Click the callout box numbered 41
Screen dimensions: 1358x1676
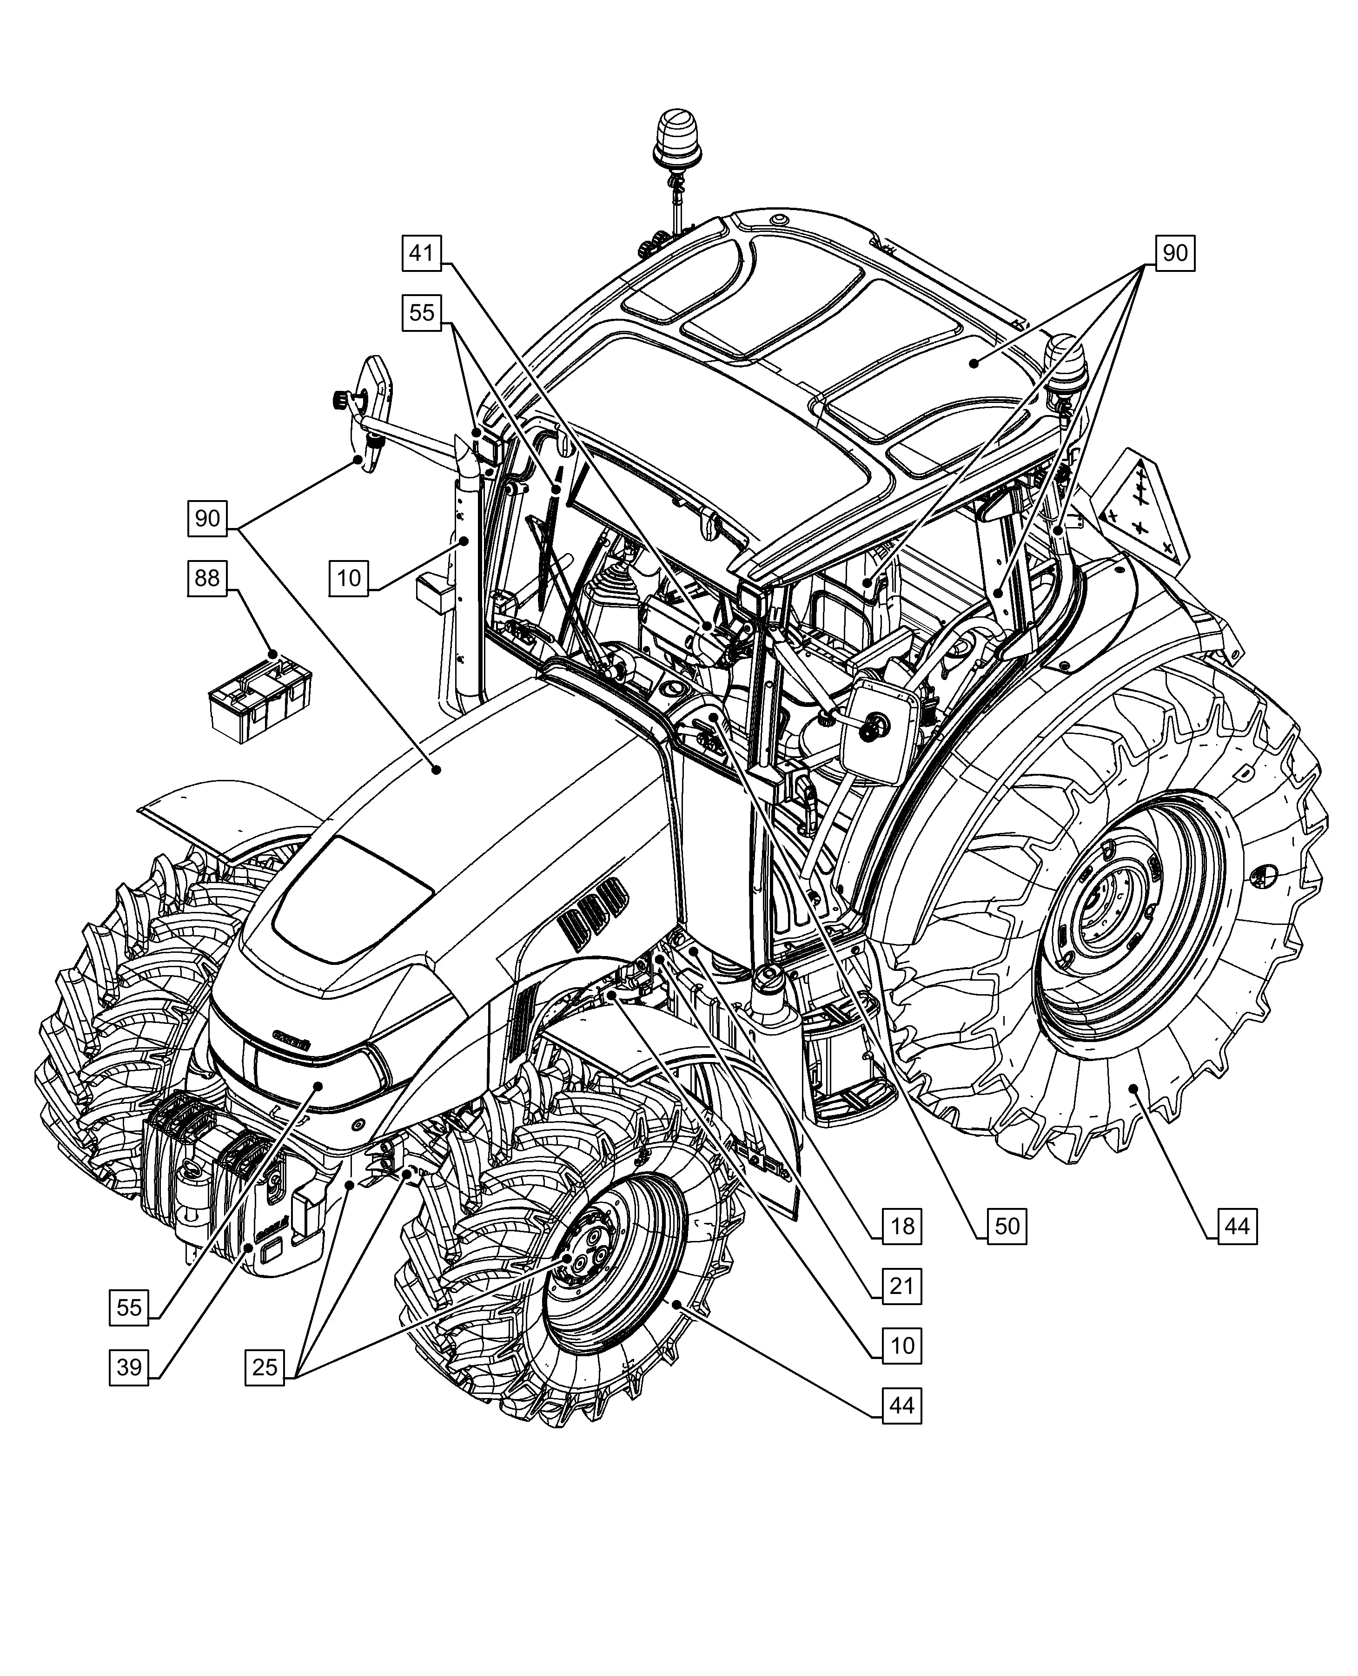(x=422, y=253)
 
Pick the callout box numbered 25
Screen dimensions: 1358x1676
(x=265, y=1366)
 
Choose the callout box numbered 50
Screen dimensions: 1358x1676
(x=1007, y=1226)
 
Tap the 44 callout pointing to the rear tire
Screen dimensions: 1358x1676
(x=1237, y=1226)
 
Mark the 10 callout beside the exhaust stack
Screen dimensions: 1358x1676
(x=349, y=578)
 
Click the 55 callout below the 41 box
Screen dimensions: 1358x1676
(x=422, y=313)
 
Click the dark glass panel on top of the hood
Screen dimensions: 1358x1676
(x=352, y=899)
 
